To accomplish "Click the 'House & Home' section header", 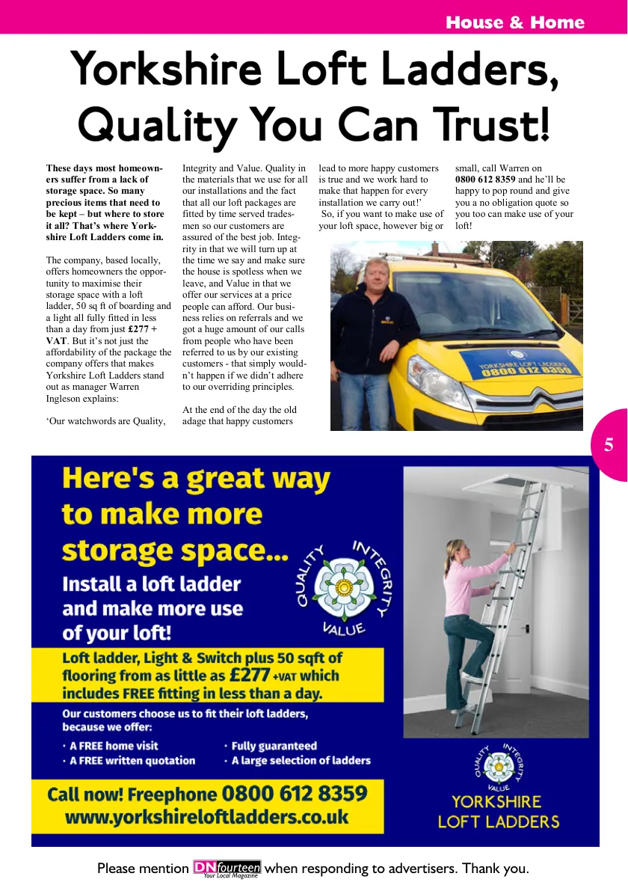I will [514, 22].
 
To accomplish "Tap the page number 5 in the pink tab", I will [609, 445].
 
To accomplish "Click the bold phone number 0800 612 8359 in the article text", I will [485, 180].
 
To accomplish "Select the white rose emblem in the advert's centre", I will [345, 587].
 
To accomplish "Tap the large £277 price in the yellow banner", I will [250, 675].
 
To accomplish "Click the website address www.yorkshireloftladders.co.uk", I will [207, 817].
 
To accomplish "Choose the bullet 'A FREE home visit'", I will [114, 746].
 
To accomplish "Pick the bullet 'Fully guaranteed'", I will [274, 746].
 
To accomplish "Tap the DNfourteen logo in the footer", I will [227, 869].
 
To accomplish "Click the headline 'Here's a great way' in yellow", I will [196, 479].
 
